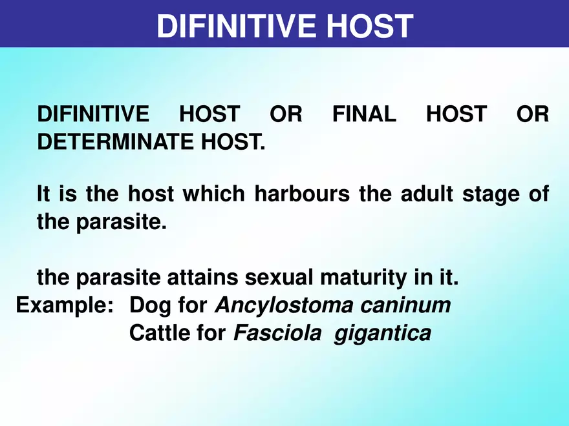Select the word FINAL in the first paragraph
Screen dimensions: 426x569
click(x=364, y=115)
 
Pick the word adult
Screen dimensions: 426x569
click(x=421, y=194)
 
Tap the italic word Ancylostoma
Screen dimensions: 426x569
click(x=283, y=305)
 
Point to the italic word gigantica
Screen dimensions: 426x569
click(x=382, y=334)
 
